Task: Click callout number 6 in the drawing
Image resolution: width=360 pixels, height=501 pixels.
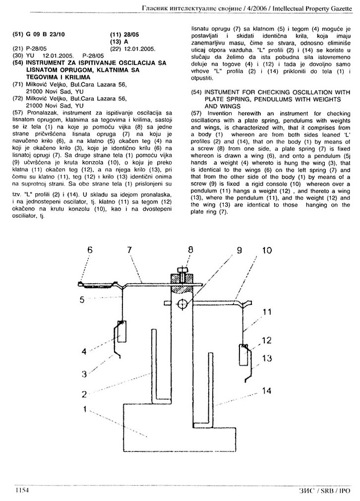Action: [x=90, y=250]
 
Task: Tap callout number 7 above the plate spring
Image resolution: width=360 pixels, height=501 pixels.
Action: [x=129, y=250]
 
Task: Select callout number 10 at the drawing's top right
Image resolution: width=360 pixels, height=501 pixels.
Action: [x=267, y=250]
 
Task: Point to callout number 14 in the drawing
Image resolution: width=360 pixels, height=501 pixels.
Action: [x=267, y=390]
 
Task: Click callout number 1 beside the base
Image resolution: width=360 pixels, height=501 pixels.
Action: [x=85, y=409]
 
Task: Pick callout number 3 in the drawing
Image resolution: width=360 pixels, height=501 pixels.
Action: [x=84, y=374]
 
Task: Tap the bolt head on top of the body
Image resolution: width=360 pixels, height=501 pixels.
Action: [x=182, y=270]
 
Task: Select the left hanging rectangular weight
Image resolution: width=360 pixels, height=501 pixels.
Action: [x=121, y=332]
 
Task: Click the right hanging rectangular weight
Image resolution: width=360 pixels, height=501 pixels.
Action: [x=244, y=354]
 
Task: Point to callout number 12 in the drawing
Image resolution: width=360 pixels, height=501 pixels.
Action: [x=266, y=341]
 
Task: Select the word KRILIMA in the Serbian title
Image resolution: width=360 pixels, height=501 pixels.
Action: [x=78, y=77]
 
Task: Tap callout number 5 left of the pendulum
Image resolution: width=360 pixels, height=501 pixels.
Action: [x=82, y=300]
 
